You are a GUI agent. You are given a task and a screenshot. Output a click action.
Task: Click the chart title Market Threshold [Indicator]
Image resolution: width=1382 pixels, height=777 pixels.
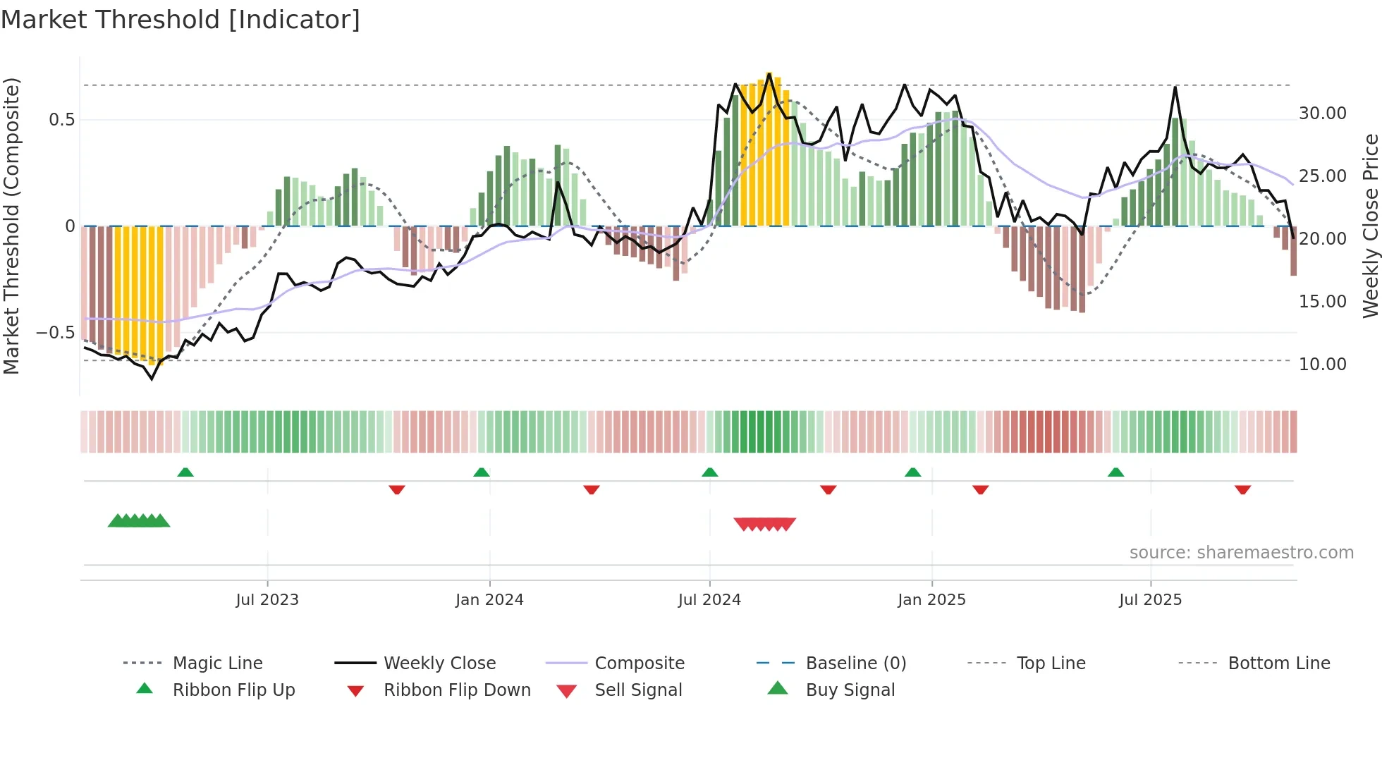[181, 20]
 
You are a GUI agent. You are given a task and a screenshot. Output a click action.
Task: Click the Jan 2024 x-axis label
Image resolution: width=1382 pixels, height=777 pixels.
[489, 600]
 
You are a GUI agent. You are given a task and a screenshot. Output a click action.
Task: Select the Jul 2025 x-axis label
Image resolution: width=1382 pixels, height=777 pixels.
[1150, 600]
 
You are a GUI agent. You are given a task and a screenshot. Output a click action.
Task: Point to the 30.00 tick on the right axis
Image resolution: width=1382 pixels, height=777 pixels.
[1322, 114]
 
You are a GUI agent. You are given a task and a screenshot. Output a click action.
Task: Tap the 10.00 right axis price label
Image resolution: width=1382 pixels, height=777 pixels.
[1322, 365]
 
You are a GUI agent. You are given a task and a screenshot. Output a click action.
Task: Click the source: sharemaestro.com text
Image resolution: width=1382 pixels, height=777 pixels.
[1241, 553]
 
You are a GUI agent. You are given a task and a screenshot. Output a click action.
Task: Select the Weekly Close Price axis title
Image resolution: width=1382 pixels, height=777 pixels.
[1370, 226]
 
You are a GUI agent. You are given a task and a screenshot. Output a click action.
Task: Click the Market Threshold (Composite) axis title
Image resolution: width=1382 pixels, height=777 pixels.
[11, 226]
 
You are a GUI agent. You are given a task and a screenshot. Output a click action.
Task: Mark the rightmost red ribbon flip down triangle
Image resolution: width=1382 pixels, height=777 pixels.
[1242, 489]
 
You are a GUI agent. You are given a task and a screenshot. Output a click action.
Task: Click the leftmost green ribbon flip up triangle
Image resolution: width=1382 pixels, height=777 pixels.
[185, 472]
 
